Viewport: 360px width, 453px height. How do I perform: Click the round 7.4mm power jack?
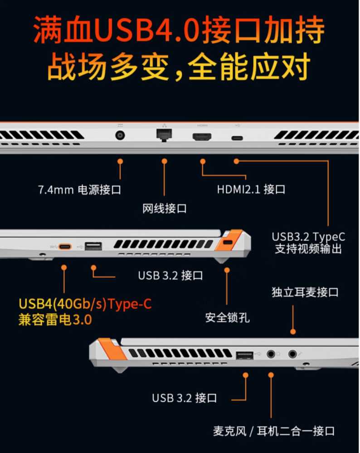pyautogui.click(x=121, y=136)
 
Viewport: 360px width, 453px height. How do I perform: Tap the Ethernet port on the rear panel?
pyautogui.click(x=164, y=135)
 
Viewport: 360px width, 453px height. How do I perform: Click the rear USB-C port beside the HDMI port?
pyautogui.click(x=236, y=138)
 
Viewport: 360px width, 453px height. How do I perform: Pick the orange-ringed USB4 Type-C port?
pyautogui.click(x=64, y=247)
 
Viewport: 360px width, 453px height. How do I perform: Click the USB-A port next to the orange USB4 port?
pyautogui.click(x=93, y=246)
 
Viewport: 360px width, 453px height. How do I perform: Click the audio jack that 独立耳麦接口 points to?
pyautogui.click(x=292, y=353)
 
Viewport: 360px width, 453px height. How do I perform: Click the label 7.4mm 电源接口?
pyautogui.click(x=79, y=189)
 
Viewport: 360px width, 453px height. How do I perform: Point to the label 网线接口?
pyautogui.click(x=164, y=208)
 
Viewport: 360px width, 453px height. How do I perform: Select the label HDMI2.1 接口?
pyautogui.click(x=251, y=189)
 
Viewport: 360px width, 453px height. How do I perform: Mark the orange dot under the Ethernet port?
pyautogui.click(x=164, y=161)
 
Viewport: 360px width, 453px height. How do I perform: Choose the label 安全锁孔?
pyautogui.click(x=227, y=318)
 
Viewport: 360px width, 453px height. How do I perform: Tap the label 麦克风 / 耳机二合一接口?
pyautogui.click(x=273, y=430)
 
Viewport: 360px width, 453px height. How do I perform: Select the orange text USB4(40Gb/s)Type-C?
pyautogui.click(x=85, y=304)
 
